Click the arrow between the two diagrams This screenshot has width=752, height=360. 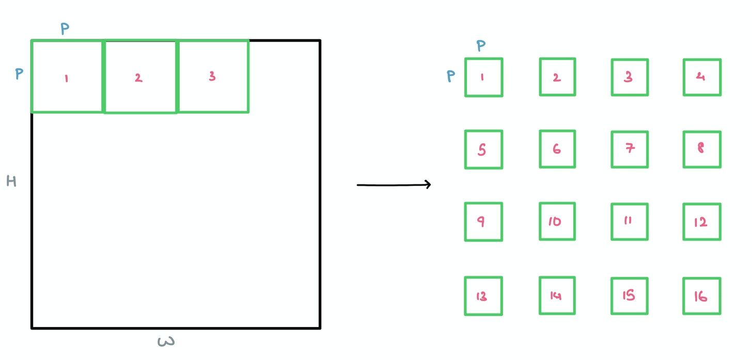coord(394,184)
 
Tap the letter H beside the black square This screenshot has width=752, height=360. coord(11,181)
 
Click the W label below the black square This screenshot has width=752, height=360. coord(165,341)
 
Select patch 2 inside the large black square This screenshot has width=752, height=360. coord(140,76)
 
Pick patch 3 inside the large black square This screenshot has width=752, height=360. coord(213,76)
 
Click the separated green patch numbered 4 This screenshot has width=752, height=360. coord(702,77)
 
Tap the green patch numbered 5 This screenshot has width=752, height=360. coord(483,149)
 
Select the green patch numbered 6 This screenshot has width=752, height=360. coord(557,149)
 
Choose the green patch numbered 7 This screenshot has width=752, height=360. coord(630,149)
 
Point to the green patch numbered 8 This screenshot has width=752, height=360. coord(702,149)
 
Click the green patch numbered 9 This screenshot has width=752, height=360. coord(483,222)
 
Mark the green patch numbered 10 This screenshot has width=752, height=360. coord(557,222)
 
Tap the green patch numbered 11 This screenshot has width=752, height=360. coord(630,222)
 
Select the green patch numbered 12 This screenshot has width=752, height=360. coord(702,222)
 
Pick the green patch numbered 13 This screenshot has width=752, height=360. coord(483,296)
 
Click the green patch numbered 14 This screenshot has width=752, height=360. coord(557,296)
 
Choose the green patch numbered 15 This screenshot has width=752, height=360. coord(630,296)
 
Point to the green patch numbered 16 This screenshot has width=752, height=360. coord(702,296)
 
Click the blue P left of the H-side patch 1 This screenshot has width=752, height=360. coord(19,74)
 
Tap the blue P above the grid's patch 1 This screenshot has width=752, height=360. coord(481,46)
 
